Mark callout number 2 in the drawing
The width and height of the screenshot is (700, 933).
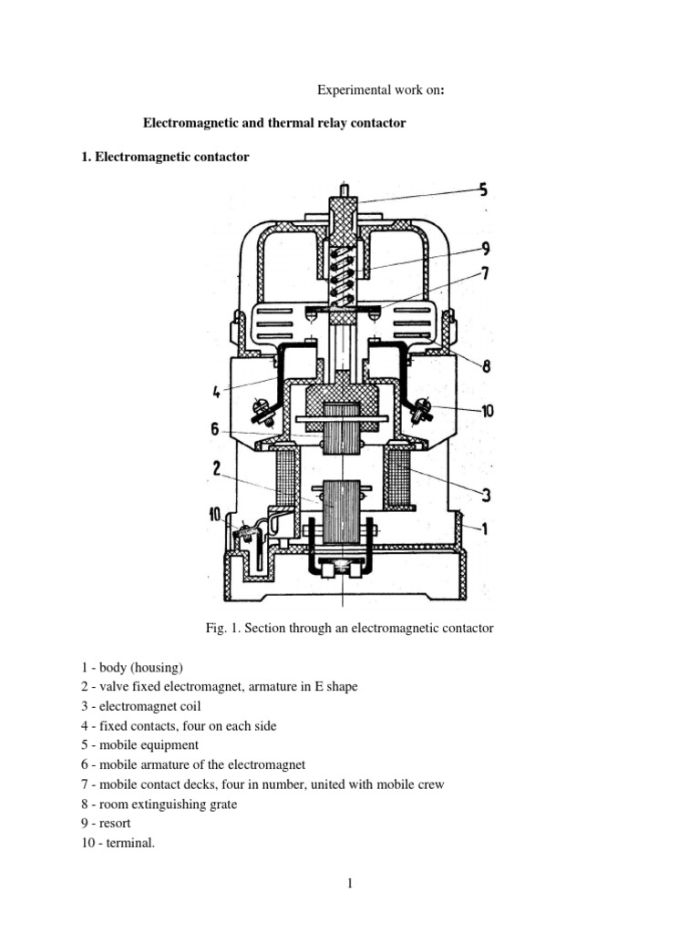click(x=216, y=467)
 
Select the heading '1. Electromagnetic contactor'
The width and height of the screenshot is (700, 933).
click(x=165, y=157)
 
